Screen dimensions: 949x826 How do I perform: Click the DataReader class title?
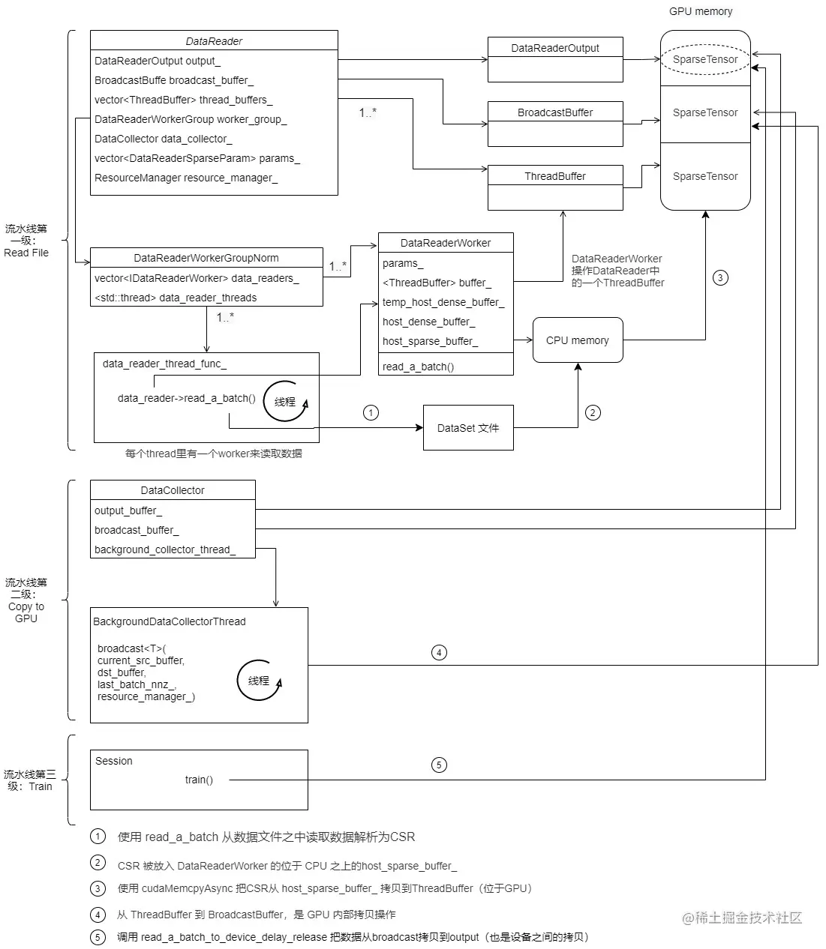point(214,41)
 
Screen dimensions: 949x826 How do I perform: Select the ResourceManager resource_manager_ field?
point(186,178)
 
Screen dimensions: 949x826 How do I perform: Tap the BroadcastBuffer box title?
point(555,112)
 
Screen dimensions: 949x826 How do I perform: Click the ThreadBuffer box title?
point(555,176)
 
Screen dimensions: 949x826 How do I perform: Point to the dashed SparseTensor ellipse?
point(705,59)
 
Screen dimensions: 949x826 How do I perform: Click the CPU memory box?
point(578,340)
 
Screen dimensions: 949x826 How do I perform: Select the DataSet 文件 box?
point(468,428)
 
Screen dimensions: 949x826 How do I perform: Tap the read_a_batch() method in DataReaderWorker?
point(418,367)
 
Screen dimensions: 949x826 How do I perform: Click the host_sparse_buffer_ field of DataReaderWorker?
point(430,341)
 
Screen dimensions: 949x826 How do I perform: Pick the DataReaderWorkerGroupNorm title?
point(206,258)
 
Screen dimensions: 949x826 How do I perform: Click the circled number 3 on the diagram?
point(720,278)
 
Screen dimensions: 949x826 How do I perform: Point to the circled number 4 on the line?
point(439,652)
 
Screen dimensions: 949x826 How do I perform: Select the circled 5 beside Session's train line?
point(439,765)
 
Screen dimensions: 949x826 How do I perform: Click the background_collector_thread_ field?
point(165,549)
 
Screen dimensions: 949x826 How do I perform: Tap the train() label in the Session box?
point(199,780)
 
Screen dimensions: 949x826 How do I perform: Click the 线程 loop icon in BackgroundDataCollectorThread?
point(259,681)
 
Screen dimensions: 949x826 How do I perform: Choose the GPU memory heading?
point(701,11)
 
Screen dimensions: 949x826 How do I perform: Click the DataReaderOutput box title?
point(555,48)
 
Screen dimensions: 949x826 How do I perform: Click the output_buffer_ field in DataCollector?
point(128,510)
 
